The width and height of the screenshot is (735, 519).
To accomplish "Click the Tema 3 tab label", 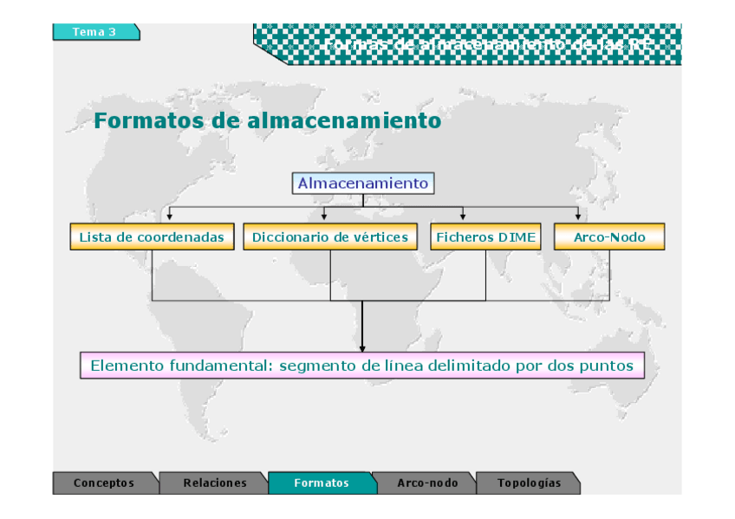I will pos(94,32).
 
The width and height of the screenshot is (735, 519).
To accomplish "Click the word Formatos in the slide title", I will pos(148,120).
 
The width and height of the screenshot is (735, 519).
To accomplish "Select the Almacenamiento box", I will pos(362,184).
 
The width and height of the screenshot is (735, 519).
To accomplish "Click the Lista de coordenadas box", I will pos(152,237).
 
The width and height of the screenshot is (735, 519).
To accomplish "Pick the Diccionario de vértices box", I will pos(330,237).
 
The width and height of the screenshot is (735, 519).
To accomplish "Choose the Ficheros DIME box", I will pos(485,237).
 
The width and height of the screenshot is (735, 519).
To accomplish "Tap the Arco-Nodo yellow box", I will pos(609,237).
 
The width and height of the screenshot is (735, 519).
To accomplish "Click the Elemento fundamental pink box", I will pos(362,366).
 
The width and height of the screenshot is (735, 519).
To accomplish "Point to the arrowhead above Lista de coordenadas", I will pos(170,216).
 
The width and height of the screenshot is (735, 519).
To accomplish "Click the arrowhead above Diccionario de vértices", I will pos(324,216).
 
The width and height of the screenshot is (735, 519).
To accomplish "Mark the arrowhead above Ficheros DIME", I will pos(463,216).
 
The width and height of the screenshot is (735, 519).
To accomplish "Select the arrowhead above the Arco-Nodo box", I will pos(578,216).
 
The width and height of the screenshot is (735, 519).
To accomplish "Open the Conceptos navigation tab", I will pos(104,483).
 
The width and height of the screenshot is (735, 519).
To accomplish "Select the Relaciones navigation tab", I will pos(214,483).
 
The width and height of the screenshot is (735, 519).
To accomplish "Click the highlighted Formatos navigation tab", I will pos(322,483).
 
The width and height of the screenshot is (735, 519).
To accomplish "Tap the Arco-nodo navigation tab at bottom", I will pos(426,483).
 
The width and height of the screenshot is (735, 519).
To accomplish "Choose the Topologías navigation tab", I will pos(529,483).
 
